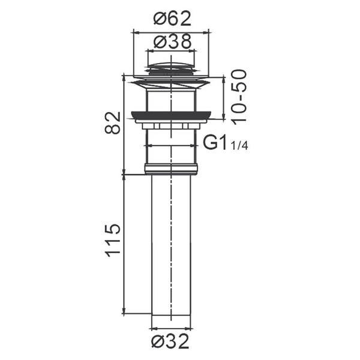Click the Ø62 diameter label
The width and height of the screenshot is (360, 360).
tap(172, 19)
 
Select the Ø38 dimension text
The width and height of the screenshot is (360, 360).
tap(172, 41)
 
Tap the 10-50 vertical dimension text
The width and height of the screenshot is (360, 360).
tap(239, 97)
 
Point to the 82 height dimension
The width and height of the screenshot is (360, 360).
tap(113, 122)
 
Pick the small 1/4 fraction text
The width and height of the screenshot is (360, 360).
tap(239, 146)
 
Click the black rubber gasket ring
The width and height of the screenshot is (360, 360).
tap(171, 115)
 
